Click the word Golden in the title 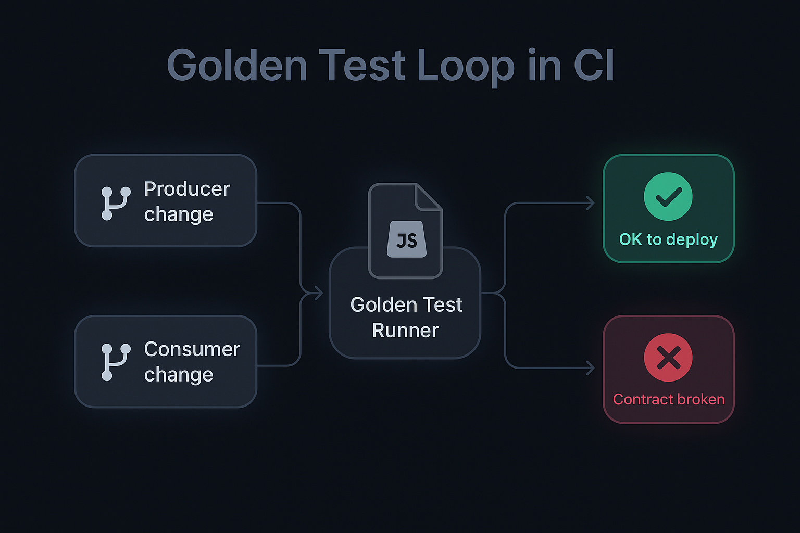(x=237, y=66)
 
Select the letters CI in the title (x=594, y=66)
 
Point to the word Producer (x=186, y=189)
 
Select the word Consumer (x=192, y=349)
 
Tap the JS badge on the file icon (x=407, y=240)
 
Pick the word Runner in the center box (x=405, y=331)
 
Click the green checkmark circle (x=668, y=197)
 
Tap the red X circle (x=668, y=358)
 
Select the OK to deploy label (x=668, y=239)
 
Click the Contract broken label (x=669, y=399)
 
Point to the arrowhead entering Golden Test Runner (x=318, y=294)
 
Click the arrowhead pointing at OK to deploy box (x=591, y=203)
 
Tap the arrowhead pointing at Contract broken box (x=591, y=368)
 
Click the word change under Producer (x=179, y=214)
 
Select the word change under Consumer (x=179, y=375)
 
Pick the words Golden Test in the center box (x=406, y=305)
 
